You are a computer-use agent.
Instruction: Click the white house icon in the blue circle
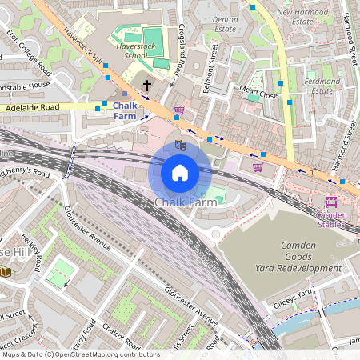(x=180, y=173)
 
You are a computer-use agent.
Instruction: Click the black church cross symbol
(x=146, y=85)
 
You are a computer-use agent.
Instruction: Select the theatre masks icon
(x=181, y=145)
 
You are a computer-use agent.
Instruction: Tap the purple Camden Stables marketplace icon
(x=331, y=202)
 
